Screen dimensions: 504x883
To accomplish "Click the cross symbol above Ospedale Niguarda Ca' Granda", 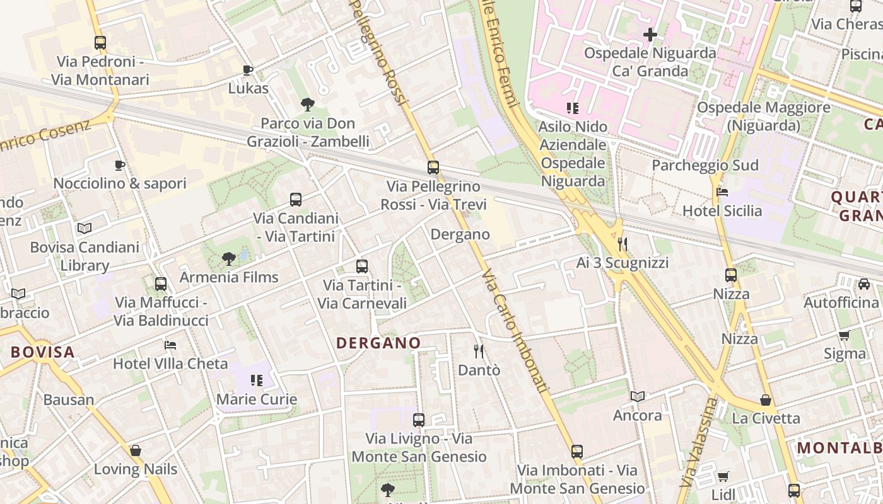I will [x=650, y=34].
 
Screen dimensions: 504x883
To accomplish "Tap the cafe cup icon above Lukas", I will [x=248, y=69].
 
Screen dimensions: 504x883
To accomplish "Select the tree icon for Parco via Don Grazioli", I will [x=308, y=104].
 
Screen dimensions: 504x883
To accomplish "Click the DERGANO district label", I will [x=378, y=343].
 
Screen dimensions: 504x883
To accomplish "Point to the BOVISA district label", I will [x=43, y=352].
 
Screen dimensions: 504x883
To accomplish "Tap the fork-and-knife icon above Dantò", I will [x=479, y=351].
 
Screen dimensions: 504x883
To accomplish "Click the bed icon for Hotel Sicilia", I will [x=722, y=192].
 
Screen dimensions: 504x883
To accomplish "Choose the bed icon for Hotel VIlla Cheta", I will [x=170, y=345].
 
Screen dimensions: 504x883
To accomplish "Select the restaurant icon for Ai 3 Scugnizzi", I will [x=623, y=243].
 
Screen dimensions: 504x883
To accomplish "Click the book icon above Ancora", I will [x=638, y=396].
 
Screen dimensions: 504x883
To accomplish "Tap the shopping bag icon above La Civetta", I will [x=766, y=399].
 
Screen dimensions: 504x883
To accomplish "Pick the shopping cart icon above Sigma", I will [x=845, y=335].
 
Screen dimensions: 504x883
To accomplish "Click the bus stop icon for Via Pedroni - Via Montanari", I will [x=100, y=43].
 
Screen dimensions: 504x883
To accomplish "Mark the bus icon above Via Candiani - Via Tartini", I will [x=296, y=200].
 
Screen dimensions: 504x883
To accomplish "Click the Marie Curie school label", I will [x=257, y=399].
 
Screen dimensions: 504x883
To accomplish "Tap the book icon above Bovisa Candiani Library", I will [x=85, y=228].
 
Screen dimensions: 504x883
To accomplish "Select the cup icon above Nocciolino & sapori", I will [x=120, y=165].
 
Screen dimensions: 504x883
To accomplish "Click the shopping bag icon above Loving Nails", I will [x=136, y=450].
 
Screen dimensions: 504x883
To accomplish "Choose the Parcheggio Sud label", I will [x=705, y=165].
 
